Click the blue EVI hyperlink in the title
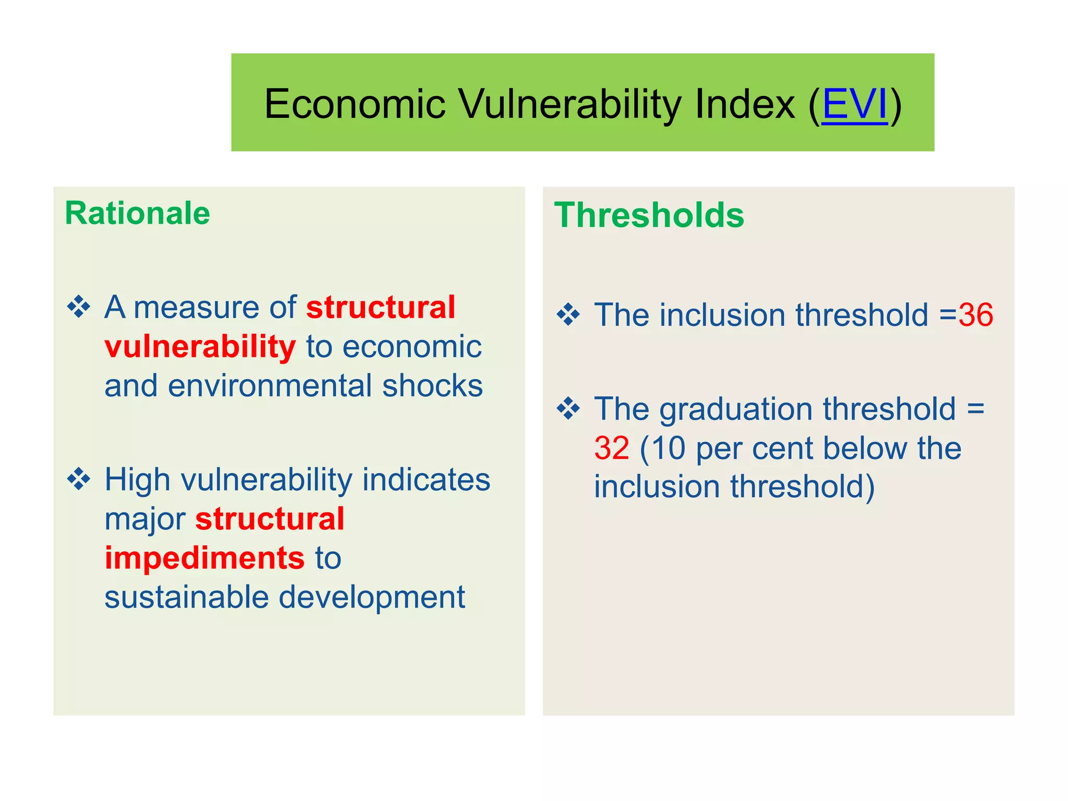point(854,104)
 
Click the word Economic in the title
point(355,104)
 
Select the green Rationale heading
point(137,213)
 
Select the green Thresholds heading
point(649,215)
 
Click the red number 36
point(975,315)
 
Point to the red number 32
point(612,448)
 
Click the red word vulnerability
point(200,347)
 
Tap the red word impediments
point(204,558)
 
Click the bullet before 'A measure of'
point(79,307)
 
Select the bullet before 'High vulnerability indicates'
point(79,479)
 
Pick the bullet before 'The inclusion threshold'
point(568,315)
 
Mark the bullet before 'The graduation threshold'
point(568,409)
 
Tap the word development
point(372,597)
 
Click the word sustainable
point(186,597)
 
